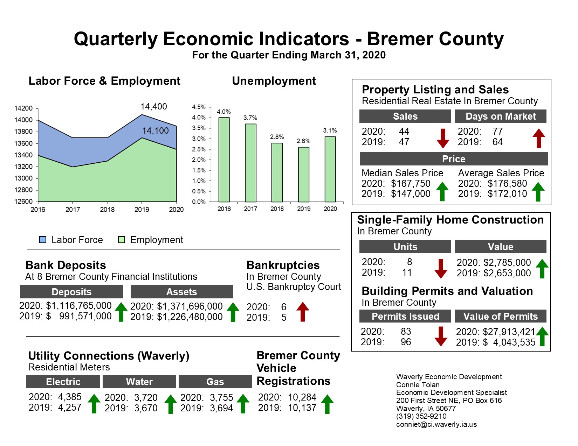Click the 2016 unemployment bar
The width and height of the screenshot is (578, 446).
pyautogui.click(x=224, y=160)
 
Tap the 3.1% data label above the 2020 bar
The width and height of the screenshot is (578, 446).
pyautogui.click(x=330, y=130)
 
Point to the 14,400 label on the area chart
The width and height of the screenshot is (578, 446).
pyautogui.click(x=153, y=106)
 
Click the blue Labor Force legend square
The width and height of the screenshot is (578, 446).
pyautogui.click(x=43, y=240)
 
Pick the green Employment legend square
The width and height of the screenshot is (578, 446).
pyautogui.click(x=122, y=240)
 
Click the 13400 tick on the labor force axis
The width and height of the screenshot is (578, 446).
pyautogui.click(x=23, y=155)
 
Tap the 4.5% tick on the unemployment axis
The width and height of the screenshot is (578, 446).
pyautogui.click(x=199, y=107)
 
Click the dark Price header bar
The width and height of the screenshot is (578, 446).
pyautogui.click(x=453, y=159)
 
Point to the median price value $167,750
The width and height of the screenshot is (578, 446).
pyautogui.click(x=411, y=183)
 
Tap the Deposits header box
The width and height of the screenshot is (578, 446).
pyautogui.click(x=71, y=292)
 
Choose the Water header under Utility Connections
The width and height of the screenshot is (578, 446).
pyautogui.click(x=139, y=382)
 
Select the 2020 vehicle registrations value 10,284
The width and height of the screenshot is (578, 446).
pyautogui.click(x=302, y=397)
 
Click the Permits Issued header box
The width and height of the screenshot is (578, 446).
pyautogui.click(x=405, y=316)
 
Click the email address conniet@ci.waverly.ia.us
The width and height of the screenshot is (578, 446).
pyautogui.click(x=436, y=424)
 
